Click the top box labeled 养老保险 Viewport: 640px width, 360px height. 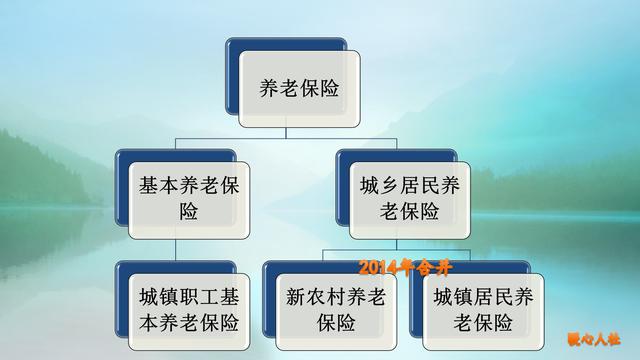click(x=294, y=88)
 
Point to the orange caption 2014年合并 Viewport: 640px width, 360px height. click(x=400, y=267)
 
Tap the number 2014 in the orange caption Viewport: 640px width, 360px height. click(x=377, y=267)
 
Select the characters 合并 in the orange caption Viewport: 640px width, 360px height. click(x=424, y=267)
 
